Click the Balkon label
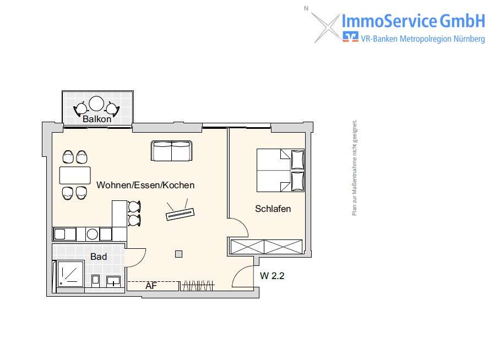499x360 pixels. (97, 119)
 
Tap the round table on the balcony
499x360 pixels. (97, 104)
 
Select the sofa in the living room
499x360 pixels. (171, 150)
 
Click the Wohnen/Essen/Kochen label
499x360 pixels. (145, 185)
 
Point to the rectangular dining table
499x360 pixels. (75, 175)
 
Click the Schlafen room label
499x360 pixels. (273, 209)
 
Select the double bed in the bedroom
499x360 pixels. (280, 170)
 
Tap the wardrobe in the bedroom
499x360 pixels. (266, 247)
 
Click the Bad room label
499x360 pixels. (99, 257)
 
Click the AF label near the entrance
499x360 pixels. (151, 286)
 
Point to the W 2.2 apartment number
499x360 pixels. (272, 276)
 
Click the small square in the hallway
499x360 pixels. (178, 254)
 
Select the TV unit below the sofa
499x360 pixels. (181, 212)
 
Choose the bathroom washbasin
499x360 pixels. (113, 281)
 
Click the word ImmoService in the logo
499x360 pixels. (389, 21)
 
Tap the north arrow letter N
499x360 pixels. (306, 8)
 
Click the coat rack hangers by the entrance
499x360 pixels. (198, 286)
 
